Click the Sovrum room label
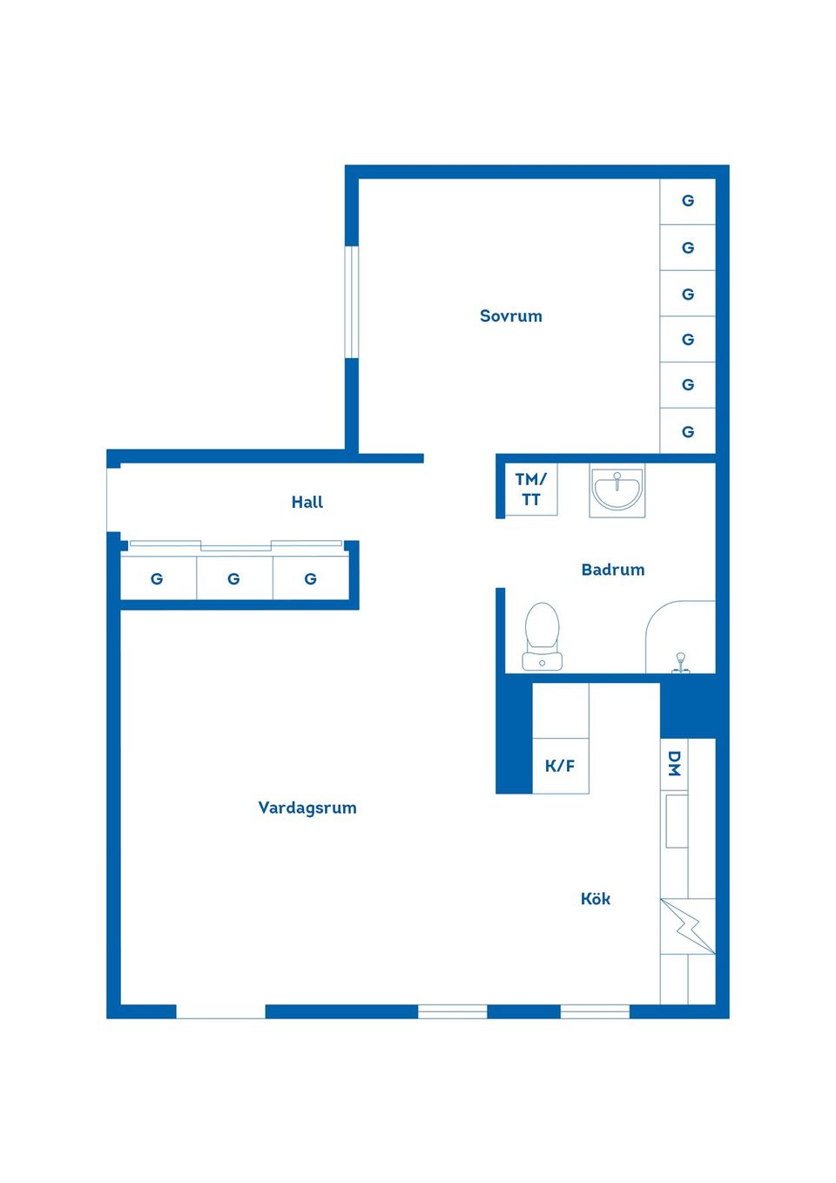coord(510,316)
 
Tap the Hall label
coord(307,502)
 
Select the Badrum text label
coord(613,570)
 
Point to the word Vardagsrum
coord(307,808)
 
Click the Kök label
coord(596,899)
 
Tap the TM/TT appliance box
coord(531,490)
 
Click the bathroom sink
coord(617,490)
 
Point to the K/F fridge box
coord(560,766)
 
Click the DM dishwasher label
coord(674,764)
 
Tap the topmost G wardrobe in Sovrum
coord(688,201)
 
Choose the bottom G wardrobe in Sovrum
coord(688,432)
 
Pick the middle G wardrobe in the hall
coord(233,578)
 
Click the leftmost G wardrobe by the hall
coord(157,578)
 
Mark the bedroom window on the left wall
coord(352,302)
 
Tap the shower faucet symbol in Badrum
coord(681,663)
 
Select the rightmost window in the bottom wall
coord(595,1011)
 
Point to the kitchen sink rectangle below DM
coord(677,821)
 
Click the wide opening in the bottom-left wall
coord(220,1011)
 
